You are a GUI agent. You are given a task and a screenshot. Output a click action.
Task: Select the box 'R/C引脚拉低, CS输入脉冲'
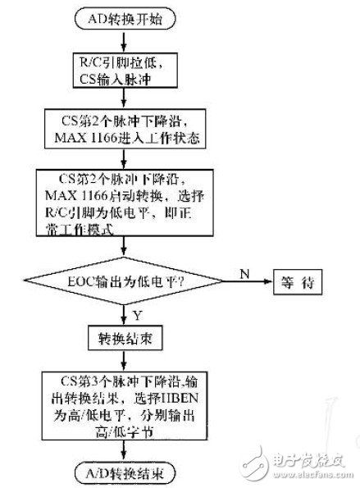(x=123, y=71)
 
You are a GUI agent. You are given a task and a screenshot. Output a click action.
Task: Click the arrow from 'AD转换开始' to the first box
(x=123, y=39)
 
